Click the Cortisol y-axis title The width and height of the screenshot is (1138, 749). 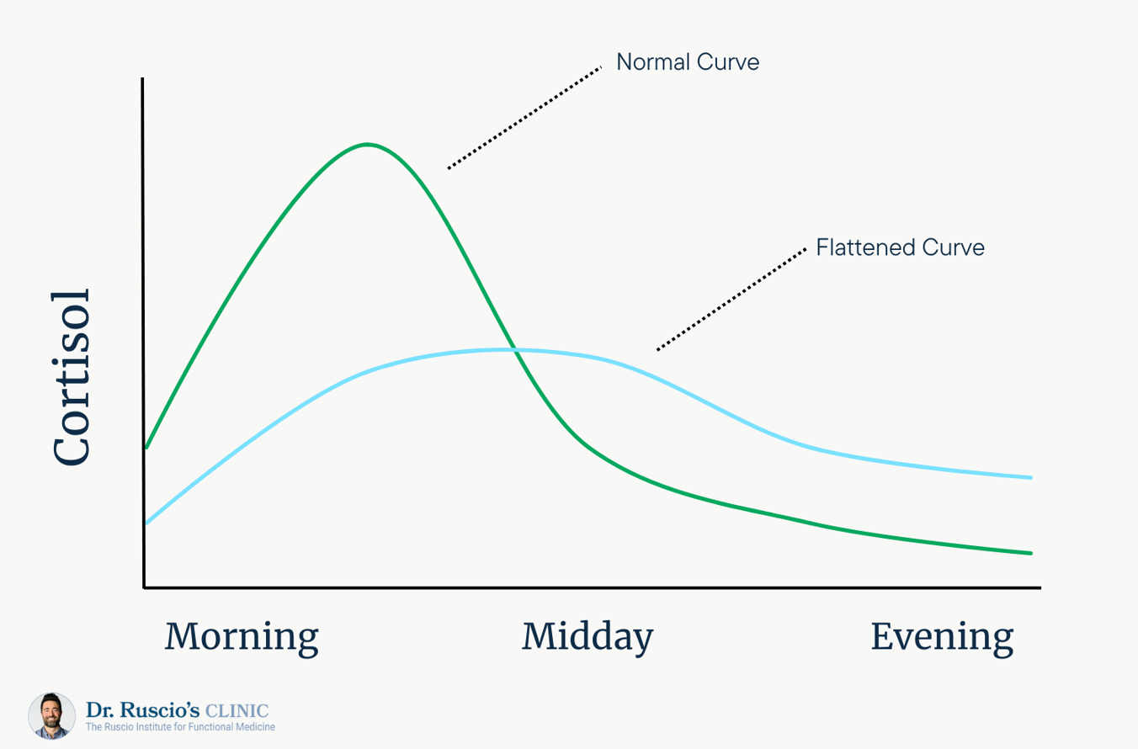(71, 377)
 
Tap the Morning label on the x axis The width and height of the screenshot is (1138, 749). (242, 638)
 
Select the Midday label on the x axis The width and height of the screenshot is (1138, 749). (588, 638)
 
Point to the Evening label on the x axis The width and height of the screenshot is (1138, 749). (943, 638)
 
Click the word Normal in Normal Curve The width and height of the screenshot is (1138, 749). (653, 62)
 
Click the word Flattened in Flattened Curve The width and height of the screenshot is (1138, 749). (866, 247)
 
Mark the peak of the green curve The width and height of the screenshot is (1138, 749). (367, 144)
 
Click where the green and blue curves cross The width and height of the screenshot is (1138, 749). (514, 349)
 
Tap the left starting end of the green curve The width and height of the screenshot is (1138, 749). (146, 448)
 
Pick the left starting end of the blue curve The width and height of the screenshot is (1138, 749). (146, 523)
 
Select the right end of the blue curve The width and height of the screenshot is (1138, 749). (1031, 477)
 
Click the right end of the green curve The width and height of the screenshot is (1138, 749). (1031, 553)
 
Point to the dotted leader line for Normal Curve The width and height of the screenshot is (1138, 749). (524, 117)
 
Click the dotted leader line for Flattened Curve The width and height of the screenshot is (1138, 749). (731, 299)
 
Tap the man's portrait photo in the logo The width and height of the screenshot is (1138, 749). (52, 715)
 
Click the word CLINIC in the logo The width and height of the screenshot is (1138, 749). (237, 710)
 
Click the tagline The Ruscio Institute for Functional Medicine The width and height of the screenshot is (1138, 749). (180, 726)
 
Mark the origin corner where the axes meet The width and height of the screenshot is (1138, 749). (144, 587)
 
